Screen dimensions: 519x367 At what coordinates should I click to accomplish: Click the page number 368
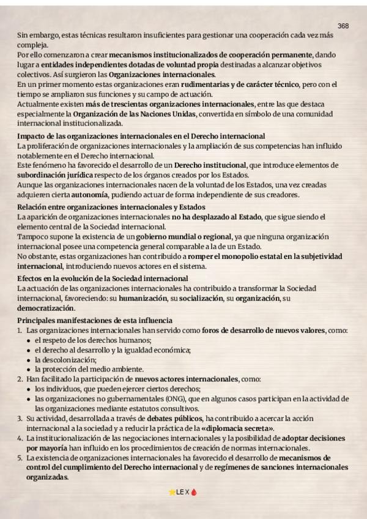click(343, 26)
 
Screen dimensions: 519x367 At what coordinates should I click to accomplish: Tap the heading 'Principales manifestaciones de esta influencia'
click(95, 320)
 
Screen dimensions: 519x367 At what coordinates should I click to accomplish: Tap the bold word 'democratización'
click(46, 308)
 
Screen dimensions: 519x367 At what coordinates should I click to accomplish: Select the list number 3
click(20, 418)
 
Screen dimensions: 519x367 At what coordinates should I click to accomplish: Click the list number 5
click(20, 458)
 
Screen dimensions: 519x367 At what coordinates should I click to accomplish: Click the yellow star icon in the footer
click(172, 491)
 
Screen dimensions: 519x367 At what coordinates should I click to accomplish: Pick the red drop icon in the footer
click(194, 491)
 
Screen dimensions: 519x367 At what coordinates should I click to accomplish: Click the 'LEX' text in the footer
click(183, 491)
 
